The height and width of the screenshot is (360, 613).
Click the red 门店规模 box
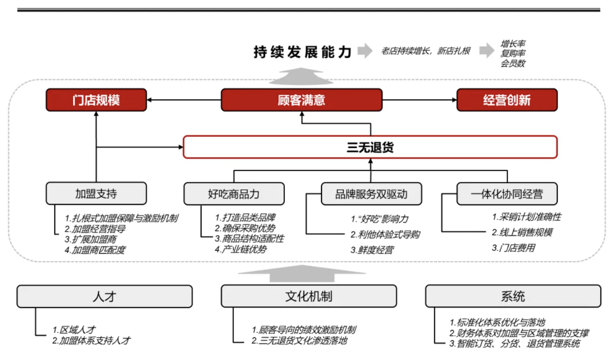point(96,100)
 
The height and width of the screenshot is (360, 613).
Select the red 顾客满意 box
point(301,100)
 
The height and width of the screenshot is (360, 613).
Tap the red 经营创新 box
point(507,100)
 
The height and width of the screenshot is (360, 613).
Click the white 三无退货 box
point(370,147)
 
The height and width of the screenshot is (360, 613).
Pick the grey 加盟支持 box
point(96,194)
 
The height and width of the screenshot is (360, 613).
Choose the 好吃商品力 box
point(233,194)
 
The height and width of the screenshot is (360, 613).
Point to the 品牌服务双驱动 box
point(371,194)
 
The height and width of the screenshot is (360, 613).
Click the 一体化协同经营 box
point(507,194)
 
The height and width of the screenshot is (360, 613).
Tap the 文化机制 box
point(308,296)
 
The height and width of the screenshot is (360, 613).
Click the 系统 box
point(513,296)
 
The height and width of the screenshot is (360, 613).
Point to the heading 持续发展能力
point(302,52)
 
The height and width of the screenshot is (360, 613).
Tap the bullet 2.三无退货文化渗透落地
point(299,341)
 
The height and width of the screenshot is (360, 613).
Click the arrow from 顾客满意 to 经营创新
point(419,100)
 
